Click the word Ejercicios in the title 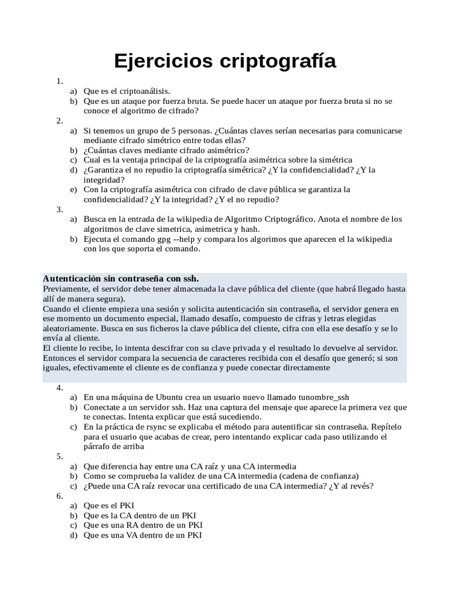pos(154,61)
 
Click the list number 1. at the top pos(59,81)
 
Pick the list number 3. pos(59,209)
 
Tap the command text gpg pos(158,239)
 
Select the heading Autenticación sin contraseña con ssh pos(121,278)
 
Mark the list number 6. pos(59,496)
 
